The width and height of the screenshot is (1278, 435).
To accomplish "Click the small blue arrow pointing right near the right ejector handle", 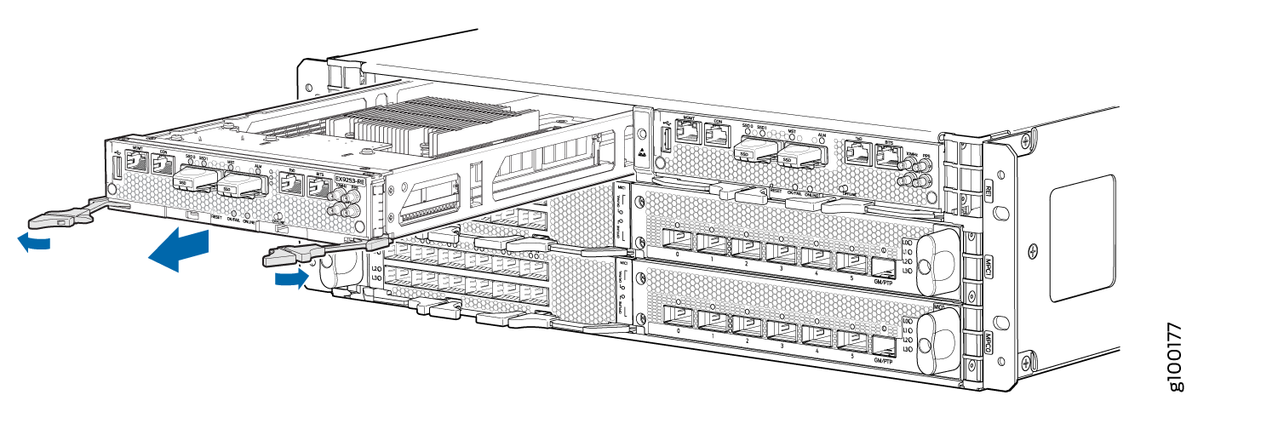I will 290,278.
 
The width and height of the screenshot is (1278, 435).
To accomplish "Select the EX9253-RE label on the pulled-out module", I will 351,180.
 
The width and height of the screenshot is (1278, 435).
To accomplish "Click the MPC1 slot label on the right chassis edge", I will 989,261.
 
